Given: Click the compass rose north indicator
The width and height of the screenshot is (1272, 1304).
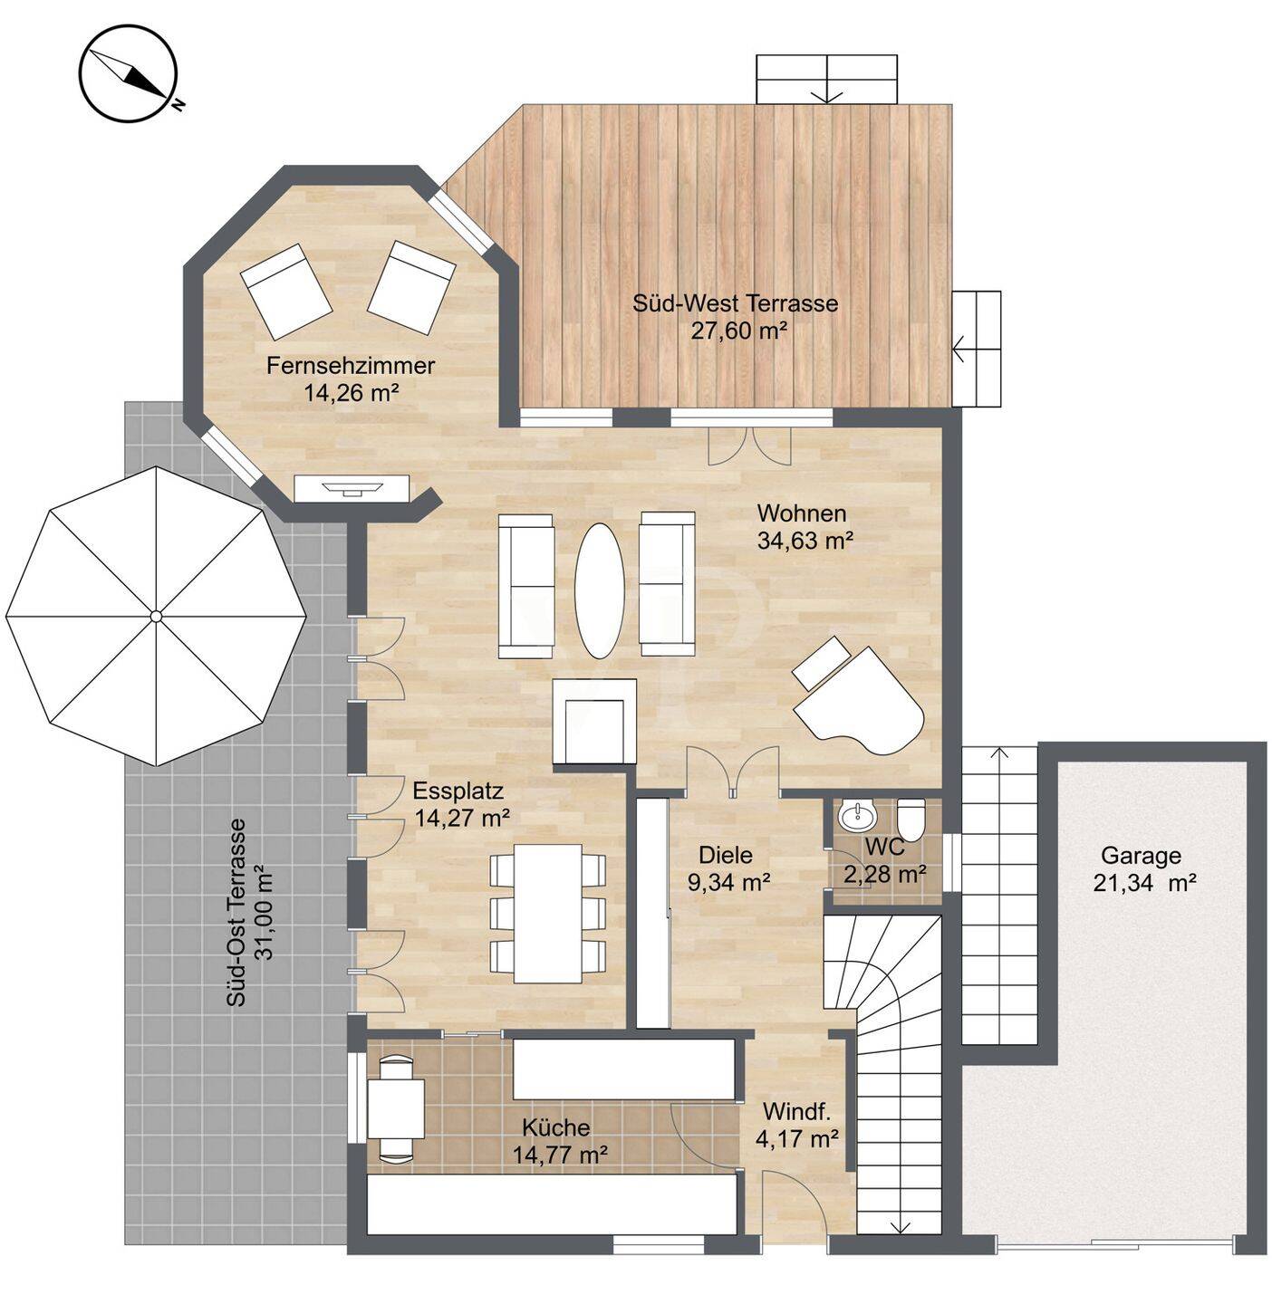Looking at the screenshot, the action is (128, 73).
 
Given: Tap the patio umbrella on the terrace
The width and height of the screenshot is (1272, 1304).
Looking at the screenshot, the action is (156, 616).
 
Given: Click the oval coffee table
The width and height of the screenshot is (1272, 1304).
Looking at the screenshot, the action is (600, 590).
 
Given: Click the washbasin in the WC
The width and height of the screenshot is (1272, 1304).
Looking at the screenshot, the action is (857, 816).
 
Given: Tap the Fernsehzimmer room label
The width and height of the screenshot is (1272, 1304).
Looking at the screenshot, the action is (351, 366).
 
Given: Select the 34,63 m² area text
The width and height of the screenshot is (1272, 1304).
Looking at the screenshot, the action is (805, 540).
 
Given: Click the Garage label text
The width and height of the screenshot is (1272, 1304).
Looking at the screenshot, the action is (1141, 856).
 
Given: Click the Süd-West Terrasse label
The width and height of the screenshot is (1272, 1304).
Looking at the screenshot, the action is (736, 302).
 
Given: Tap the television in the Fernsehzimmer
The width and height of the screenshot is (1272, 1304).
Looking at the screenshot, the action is (352, 487).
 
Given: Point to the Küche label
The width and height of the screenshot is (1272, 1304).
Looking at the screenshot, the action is (556, 1127).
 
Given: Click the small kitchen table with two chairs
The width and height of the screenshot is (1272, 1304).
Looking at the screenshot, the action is (396, 1107).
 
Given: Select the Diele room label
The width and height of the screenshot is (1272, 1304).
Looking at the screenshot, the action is (726, 855).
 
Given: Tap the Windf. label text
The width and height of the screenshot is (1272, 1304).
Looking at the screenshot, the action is (796, 1112).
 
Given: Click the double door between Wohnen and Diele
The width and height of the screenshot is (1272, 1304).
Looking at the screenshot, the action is (733, 772).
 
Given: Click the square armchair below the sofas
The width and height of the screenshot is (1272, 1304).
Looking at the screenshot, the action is (594, 722).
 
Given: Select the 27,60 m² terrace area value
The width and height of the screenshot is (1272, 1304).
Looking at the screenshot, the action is (739, 331).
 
